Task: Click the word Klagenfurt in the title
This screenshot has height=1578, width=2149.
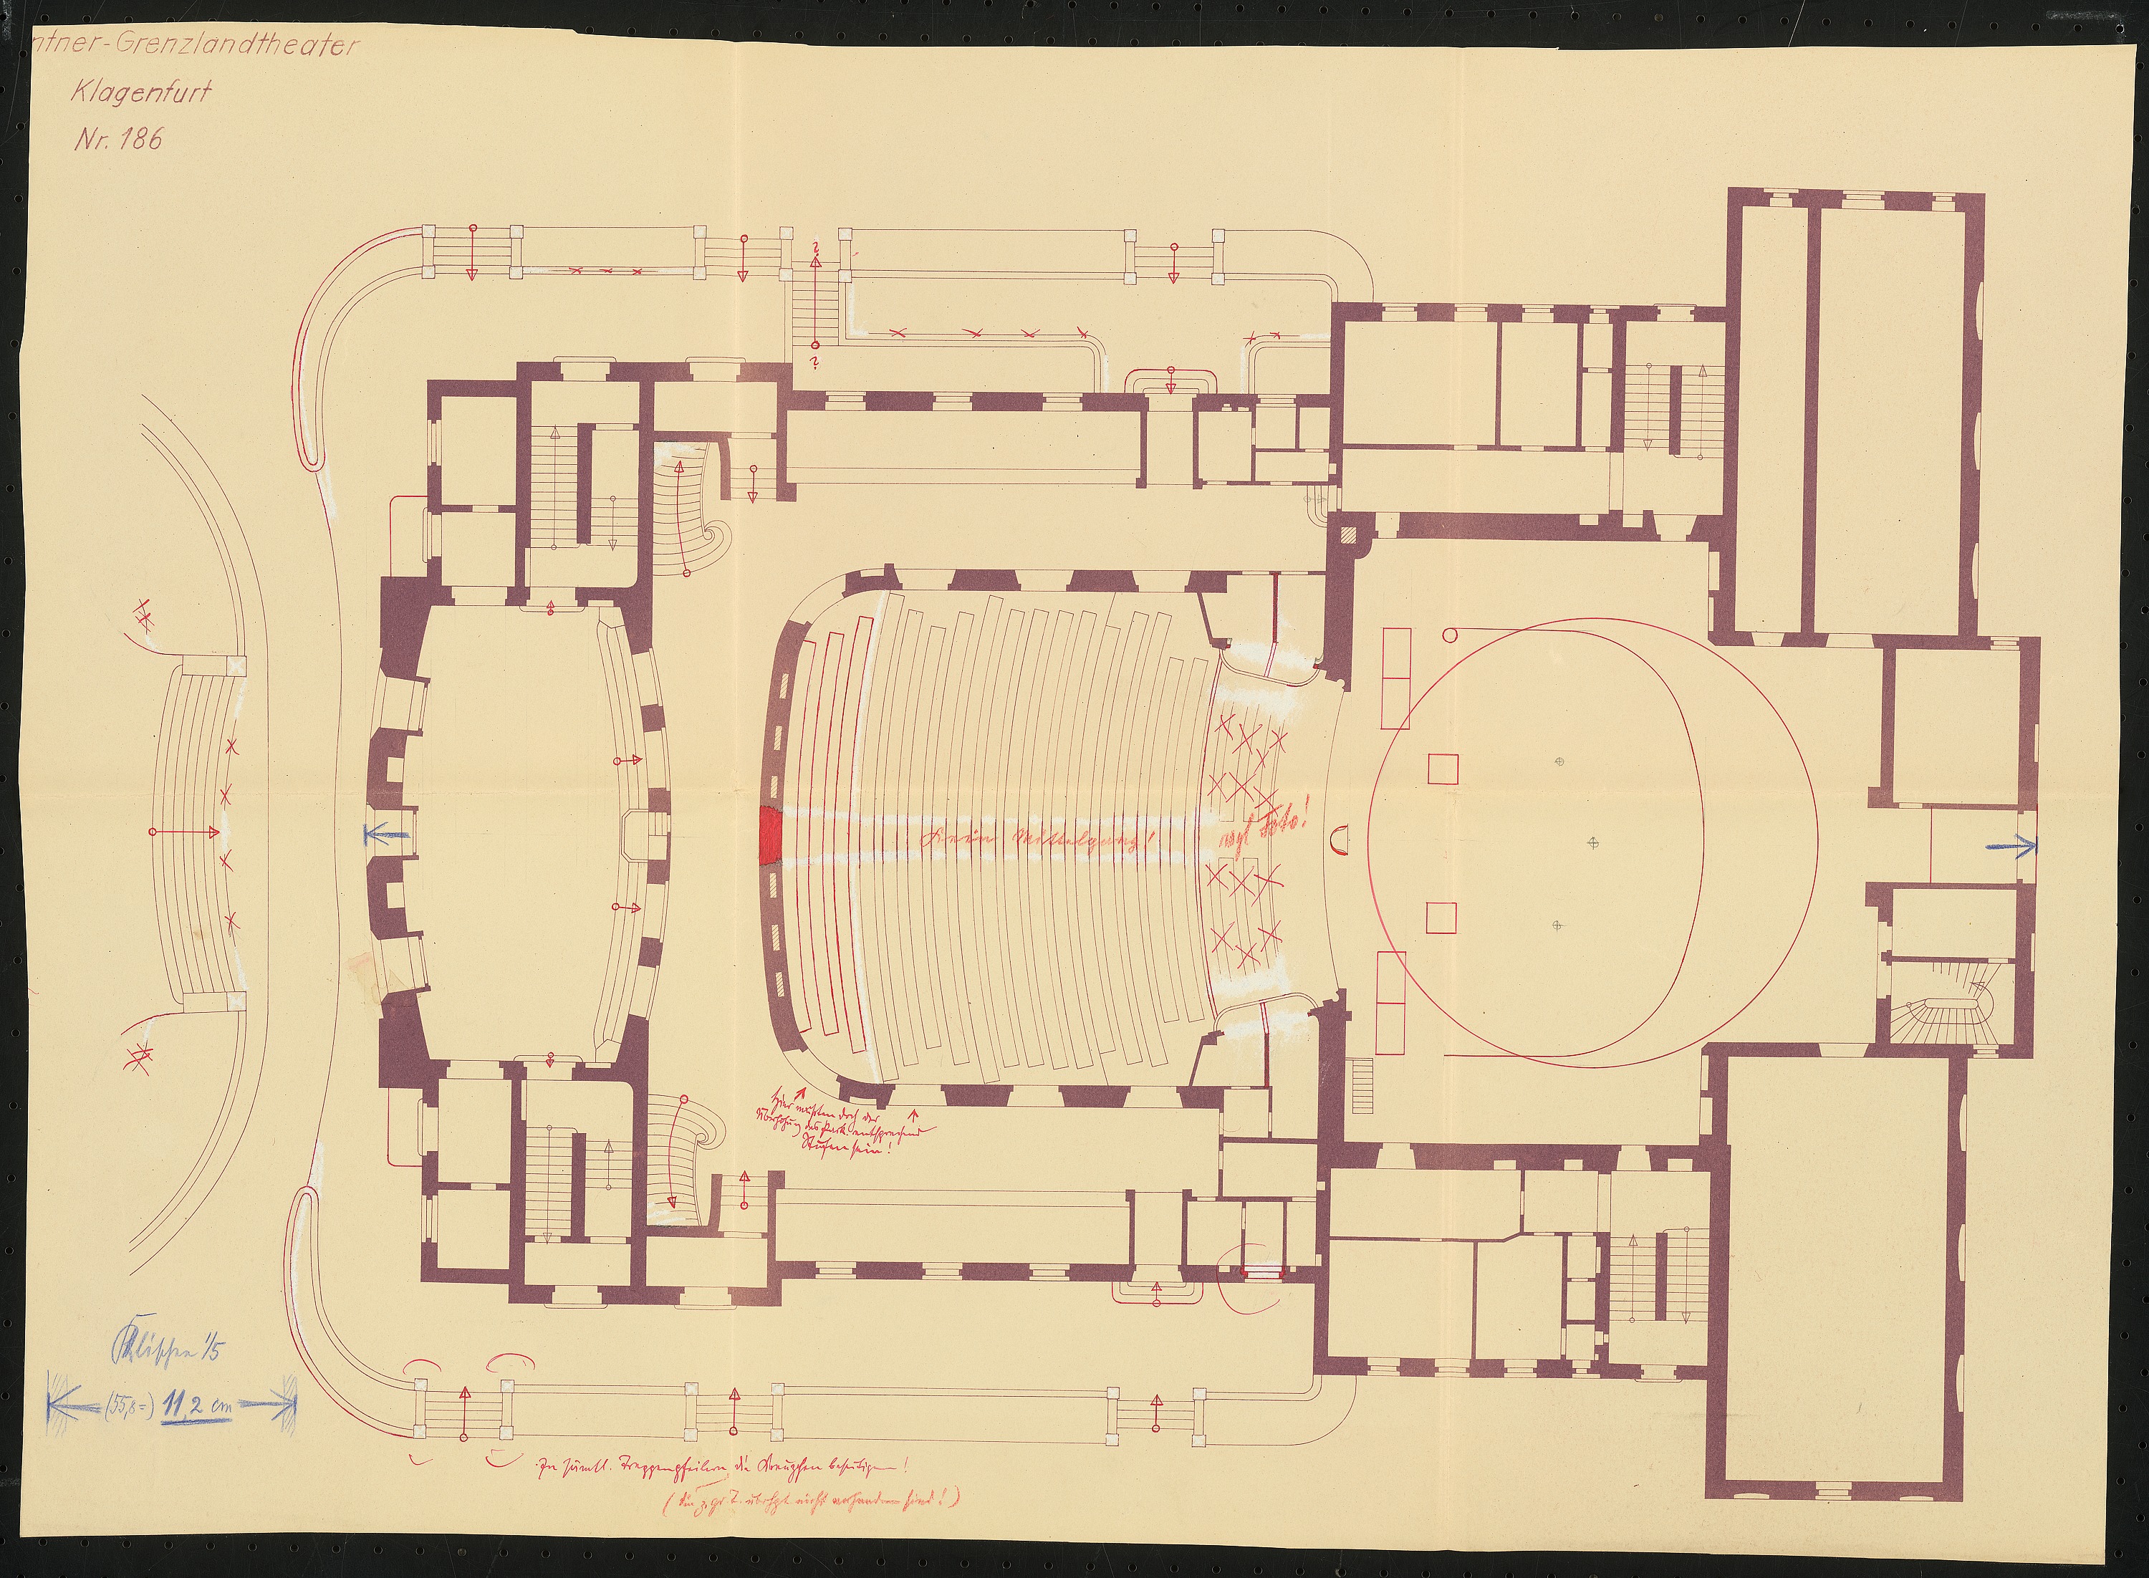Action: point(140,92)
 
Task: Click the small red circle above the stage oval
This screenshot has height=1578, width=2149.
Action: point(1449,633)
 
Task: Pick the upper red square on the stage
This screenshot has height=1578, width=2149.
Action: point(1442,768)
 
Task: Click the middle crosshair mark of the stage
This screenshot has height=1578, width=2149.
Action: point(1591,842)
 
